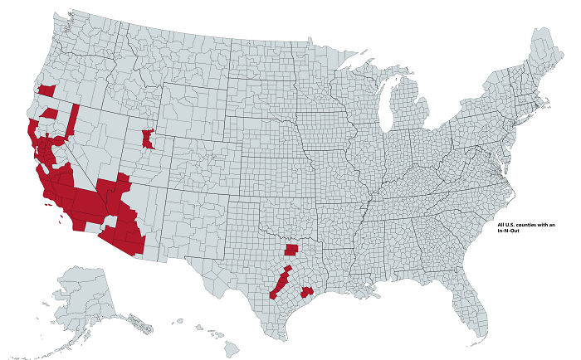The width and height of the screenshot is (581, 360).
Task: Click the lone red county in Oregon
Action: [46, 88]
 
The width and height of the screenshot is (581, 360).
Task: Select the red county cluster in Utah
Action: [148, 139]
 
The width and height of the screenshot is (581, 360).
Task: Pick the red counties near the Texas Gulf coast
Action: [307, 291]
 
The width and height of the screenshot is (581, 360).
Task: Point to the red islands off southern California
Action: [61, 217]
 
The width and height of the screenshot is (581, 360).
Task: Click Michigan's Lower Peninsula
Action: [407, 108]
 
